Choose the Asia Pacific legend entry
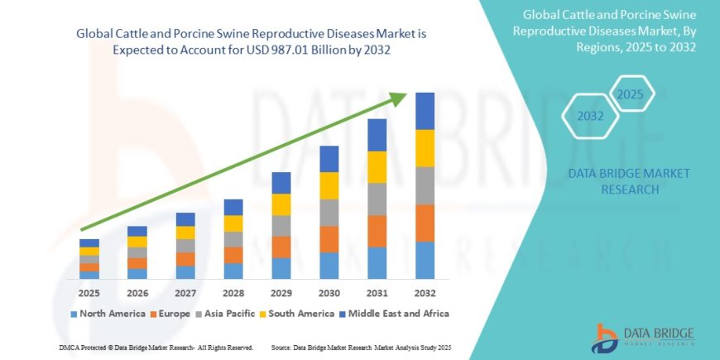(225, 314)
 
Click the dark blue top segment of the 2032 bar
(425, 111)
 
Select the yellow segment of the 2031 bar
(377, 167)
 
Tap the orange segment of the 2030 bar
(329, 239)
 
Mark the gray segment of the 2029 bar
(281, 226)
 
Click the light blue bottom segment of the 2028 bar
(233, 271)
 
